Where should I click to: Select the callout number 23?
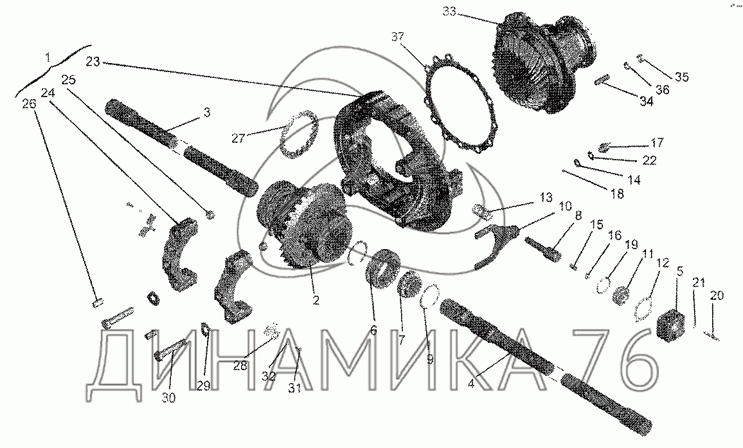(x=93, y=62)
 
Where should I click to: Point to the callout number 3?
(x=206, y=113)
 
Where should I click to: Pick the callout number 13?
(x=545, y=196)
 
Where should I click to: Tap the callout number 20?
(x=717, y=295)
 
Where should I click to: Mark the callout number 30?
(x=168, y=398)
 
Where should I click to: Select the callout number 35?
(x=682, y=77)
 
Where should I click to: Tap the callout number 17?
(x=657, y=142)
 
